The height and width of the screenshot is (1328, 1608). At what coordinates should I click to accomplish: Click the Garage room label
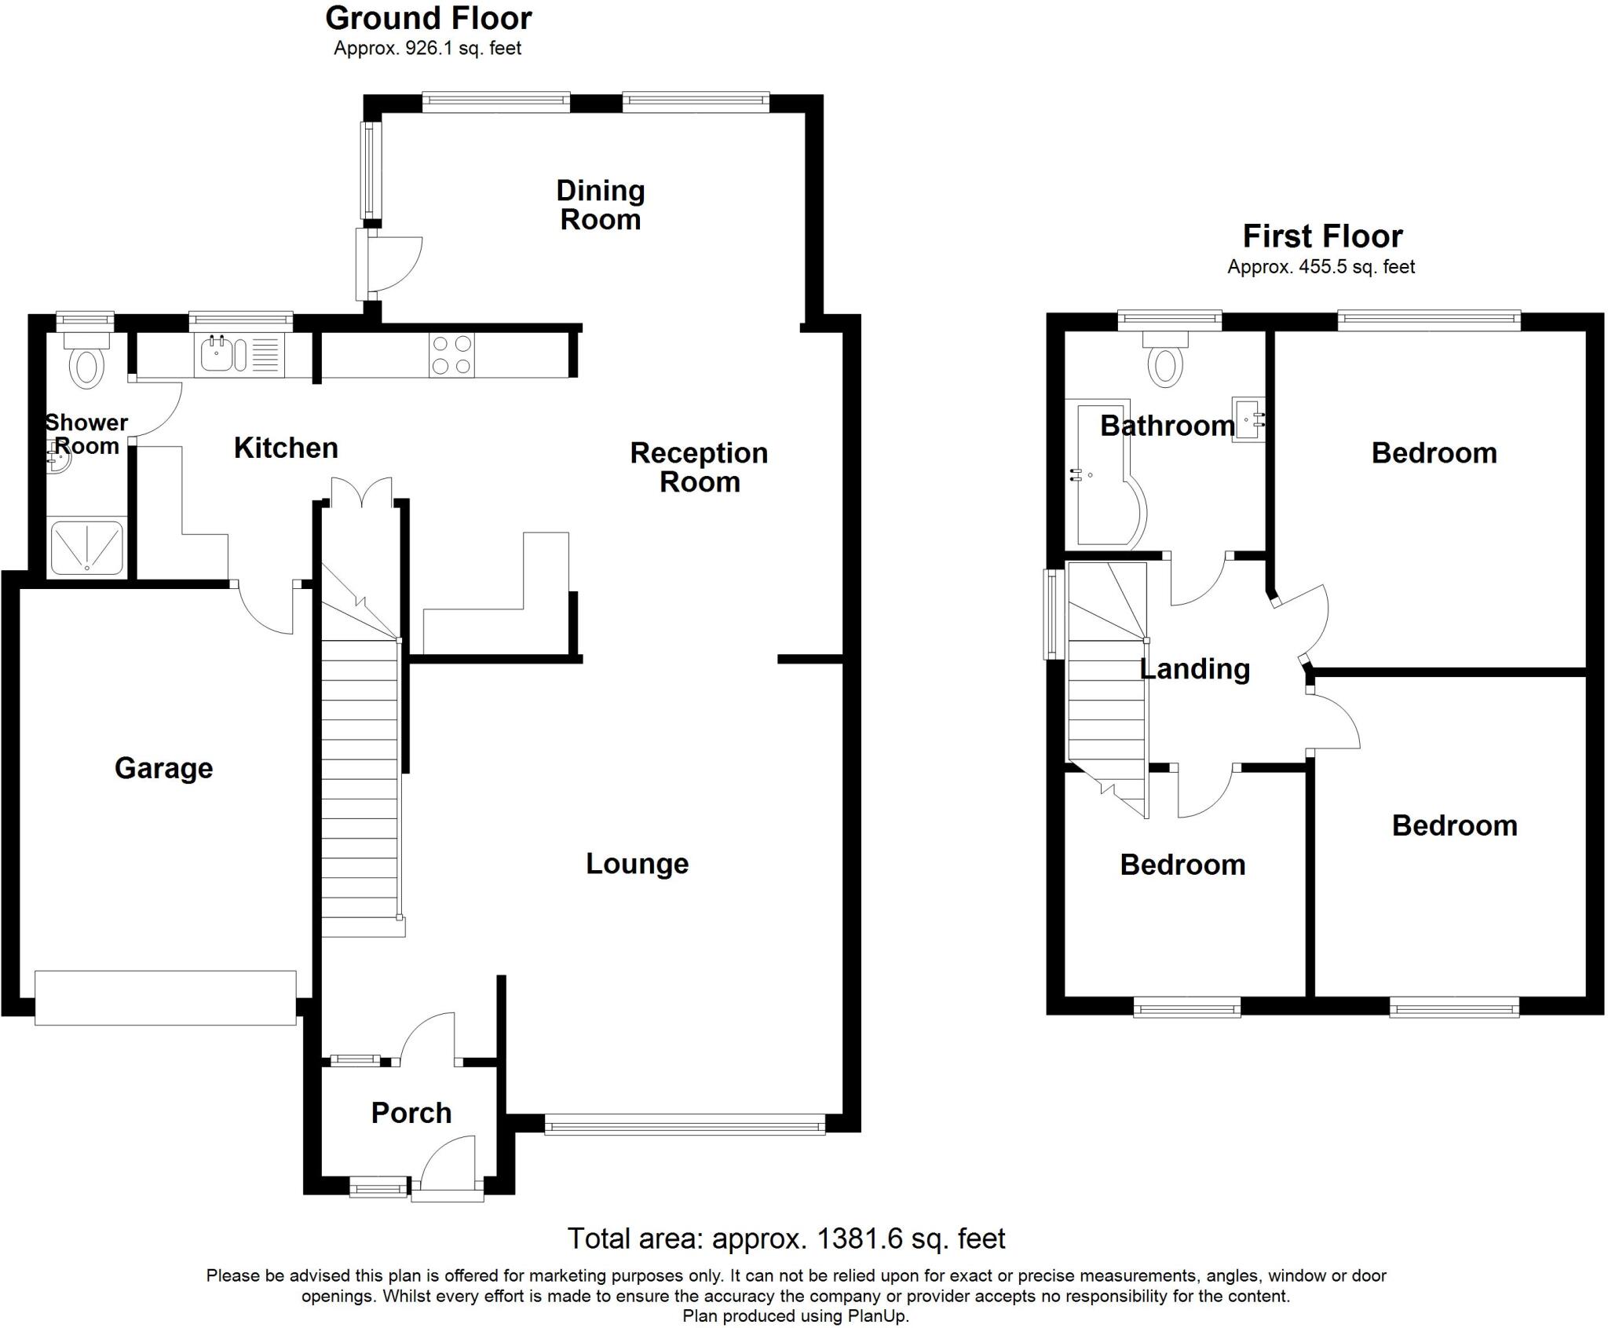[x=163, y=768]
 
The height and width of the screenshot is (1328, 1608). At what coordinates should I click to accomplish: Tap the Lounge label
[x=638, y=864]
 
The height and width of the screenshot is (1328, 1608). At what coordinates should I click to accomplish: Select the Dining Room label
[x=601, y=205]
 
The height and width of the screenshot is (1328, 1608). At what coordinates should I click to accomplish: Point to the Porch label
[x=411, y=1113]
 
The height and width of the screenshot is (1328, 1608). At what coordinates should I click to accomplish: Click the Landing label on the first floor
[x=1194, y=669]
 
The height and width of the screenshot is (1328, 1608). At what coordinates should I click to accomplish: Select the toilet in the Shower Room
[x=87, y=360]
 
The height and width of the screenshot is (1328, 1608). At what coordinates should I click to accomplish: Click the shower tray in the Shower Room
[x=86, y=546]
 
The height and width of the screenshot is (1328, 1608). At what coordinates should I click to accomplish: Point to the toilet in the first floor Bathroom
[x=1166, y=360]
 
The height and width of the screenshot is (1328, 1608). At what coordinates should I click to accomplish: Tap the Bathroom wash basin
[x=1248, y=419]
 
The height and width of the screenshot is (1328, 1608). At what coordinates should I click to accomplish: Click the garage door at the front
[x=166, y=997]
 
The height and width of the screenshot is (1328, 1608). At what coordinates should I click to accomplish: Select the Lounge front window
[x=685, y=1125]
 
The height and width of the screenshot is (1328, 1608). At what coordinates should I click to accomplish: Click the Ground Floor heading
[x=429, y=18]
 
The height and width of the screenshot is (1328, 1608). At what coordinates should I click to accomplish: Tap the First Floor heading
[x=1322, y=236]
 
